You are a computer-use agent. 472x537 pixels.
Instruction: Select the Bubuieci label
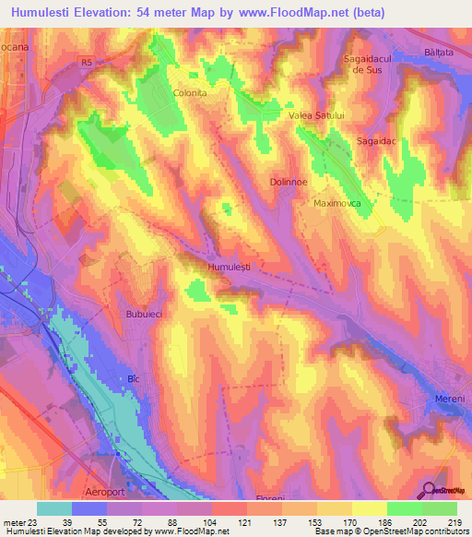click(x=144, y=314)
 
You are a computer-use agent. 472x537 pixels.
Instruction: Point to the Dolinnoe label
click(x=288, y=183)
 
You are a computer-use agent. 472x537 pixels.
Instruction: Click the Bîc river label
click(x=133, y=379)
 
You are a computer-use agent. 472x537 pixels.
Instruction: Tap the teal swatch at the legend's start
click(x=54, y=507)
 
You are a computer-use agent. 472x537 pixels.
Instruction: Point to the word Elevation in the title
click(x=115, y=13)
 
